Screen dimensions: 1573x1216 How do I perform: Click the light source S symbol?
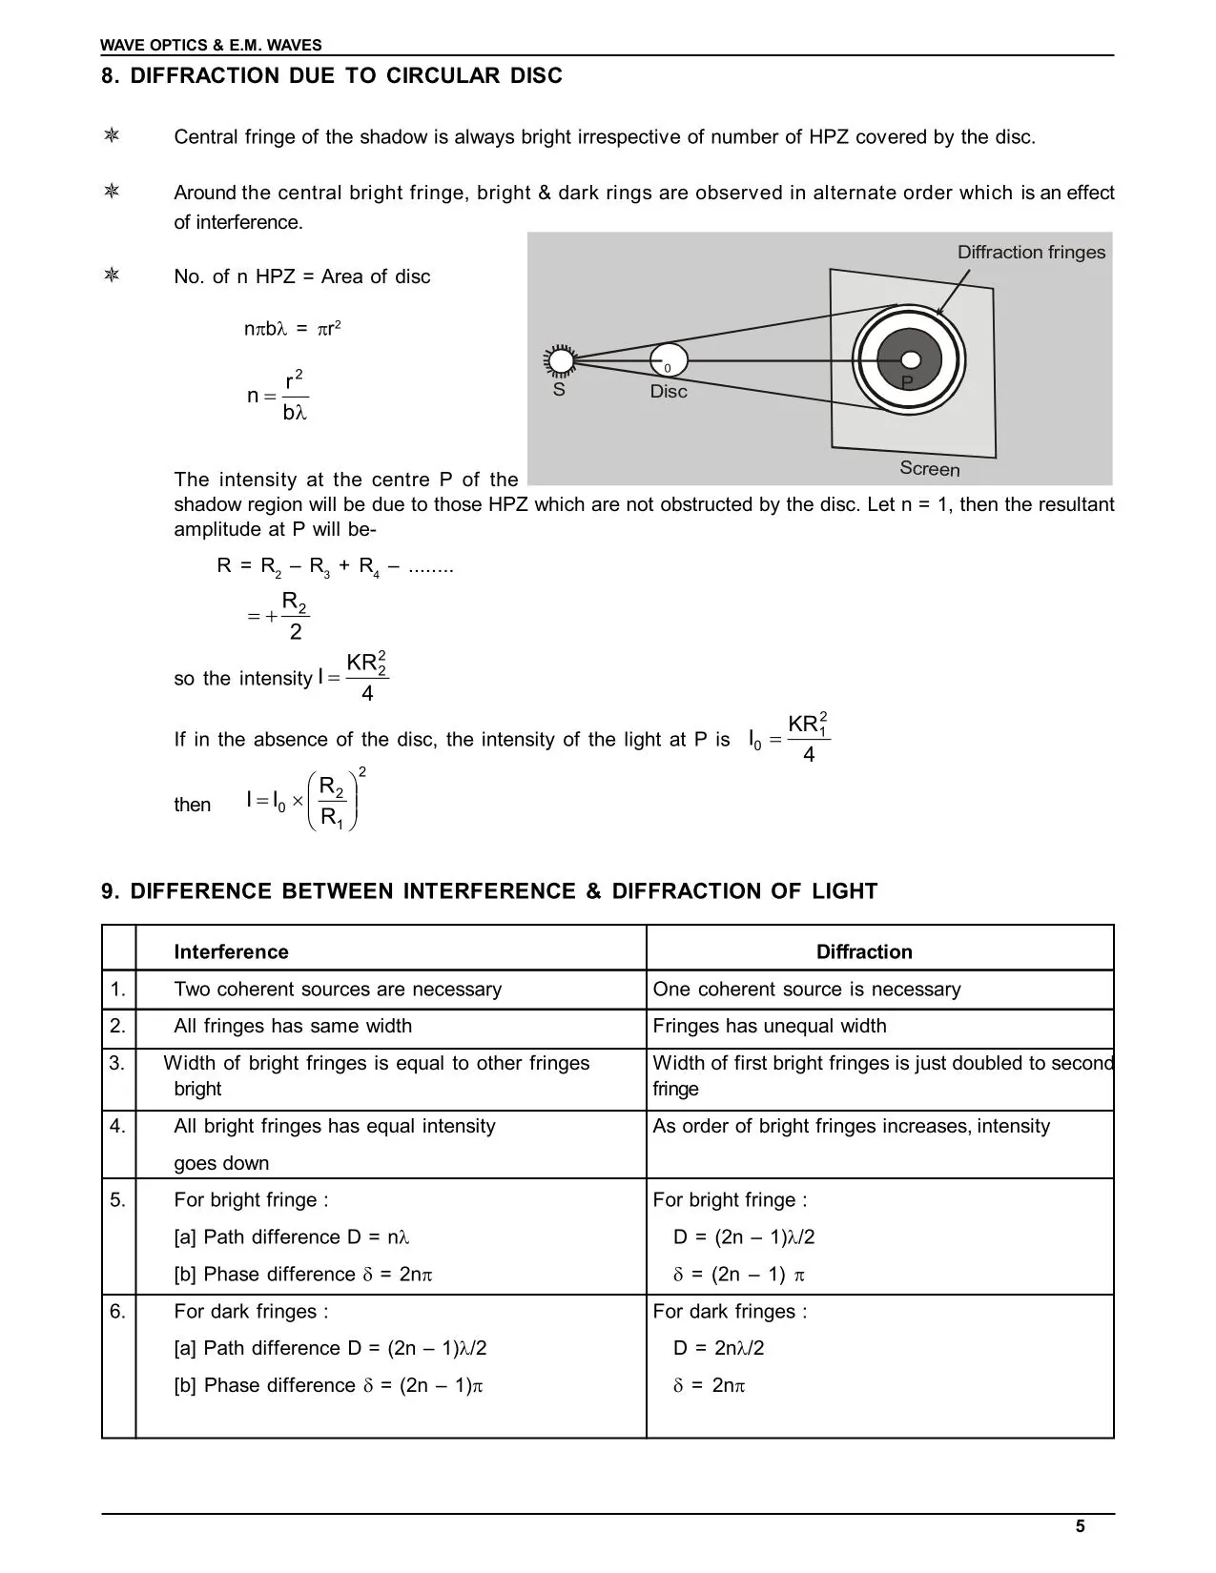tap(561, 360)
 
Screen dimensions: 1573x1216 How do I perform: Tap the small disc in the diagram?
tap(669, 360)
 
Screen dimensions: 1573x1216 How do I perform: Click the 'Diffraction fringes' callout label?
tap(1031, 253)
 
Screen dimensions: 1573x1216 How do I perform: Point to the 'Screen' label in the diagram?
tap(929, 469)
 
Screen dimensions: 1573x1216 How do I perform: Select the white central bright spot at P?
tap(911, 360)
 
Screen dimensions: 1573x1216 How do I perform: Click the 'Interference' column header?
tap(231, 951)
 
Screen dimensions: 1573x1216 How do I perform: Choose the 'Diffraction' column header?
tap(864, 951)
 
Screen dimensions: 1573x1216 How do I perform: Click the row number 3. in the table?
tap(117, 1063)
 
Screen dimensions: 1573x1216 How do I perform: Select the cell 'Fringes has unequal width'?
tap(770, 1026)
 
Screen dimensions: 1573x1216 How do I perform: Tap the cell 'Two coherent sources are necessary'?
tap(338, 989)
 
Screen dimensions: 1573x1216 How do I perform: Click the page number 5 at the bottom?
tap(1080, 1526)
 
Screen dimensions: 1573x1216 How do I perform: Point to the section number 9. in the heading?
tap(112, 891)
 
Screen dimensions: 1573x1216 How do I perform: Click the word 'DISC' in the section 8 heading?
tap(536, 76)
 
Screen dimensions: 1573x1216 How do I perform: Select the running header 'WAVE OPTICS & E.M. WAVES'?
tap(212, 45)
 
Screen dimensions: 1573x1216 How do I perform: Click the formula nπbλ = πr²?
tap(293, 329)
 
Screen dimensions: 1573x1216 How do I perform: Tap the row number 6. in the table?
tap(117, 1312)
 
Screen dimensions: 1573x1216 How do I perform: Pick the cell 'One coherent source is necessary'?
tap(807, 989)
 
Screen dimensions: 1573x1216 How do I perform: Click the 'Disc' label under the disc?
tap(669, 392)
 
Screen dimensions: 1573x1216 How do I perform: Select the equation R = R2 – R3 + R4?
tap(335, 566)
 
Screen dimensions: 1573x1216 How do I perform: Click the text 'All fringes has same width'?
tap(293, 1026)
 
